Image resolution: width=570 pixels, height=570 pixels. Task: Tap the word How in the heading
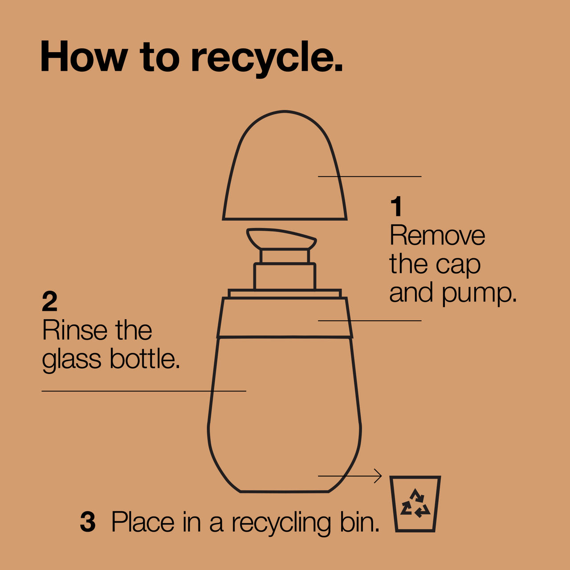[x=84, y=56]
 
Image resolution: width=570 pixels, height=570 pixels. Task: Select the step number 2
[x=49, y=301]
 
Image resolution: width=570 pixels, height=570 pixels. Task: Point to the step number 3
[x=88, y=522]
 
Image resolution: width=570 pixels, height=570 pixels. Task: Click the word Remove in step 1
[x=437, y=235]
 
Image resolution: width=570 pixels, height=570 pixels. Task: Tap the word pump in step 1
[x=479, y=294]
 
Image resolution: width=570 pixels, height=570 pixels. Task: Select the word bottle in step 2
[x=145, y=358]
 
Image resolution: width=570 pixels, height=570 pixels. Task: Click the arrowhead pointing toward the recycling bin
[x=378, y=476]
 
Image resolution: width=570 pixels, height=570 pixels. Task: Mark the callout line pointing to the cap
[x=370, y=177]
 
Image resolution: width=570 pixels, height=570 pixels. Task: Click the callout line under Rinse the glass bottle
[x=144, y=391]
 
